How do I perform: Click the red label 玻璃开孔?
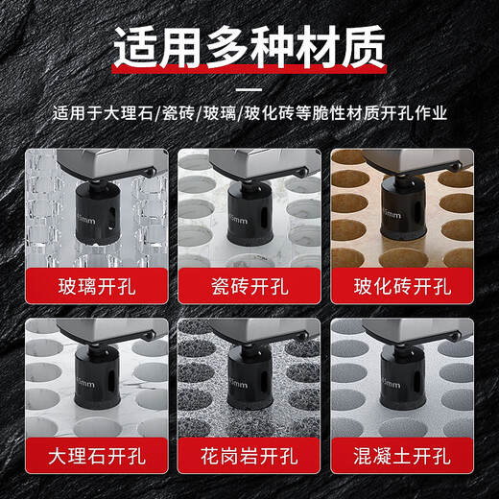click(93, 286)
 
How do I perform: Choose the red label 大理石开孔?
click(93, 457)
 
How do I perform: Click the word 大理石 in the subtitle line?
click(146, 113)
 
